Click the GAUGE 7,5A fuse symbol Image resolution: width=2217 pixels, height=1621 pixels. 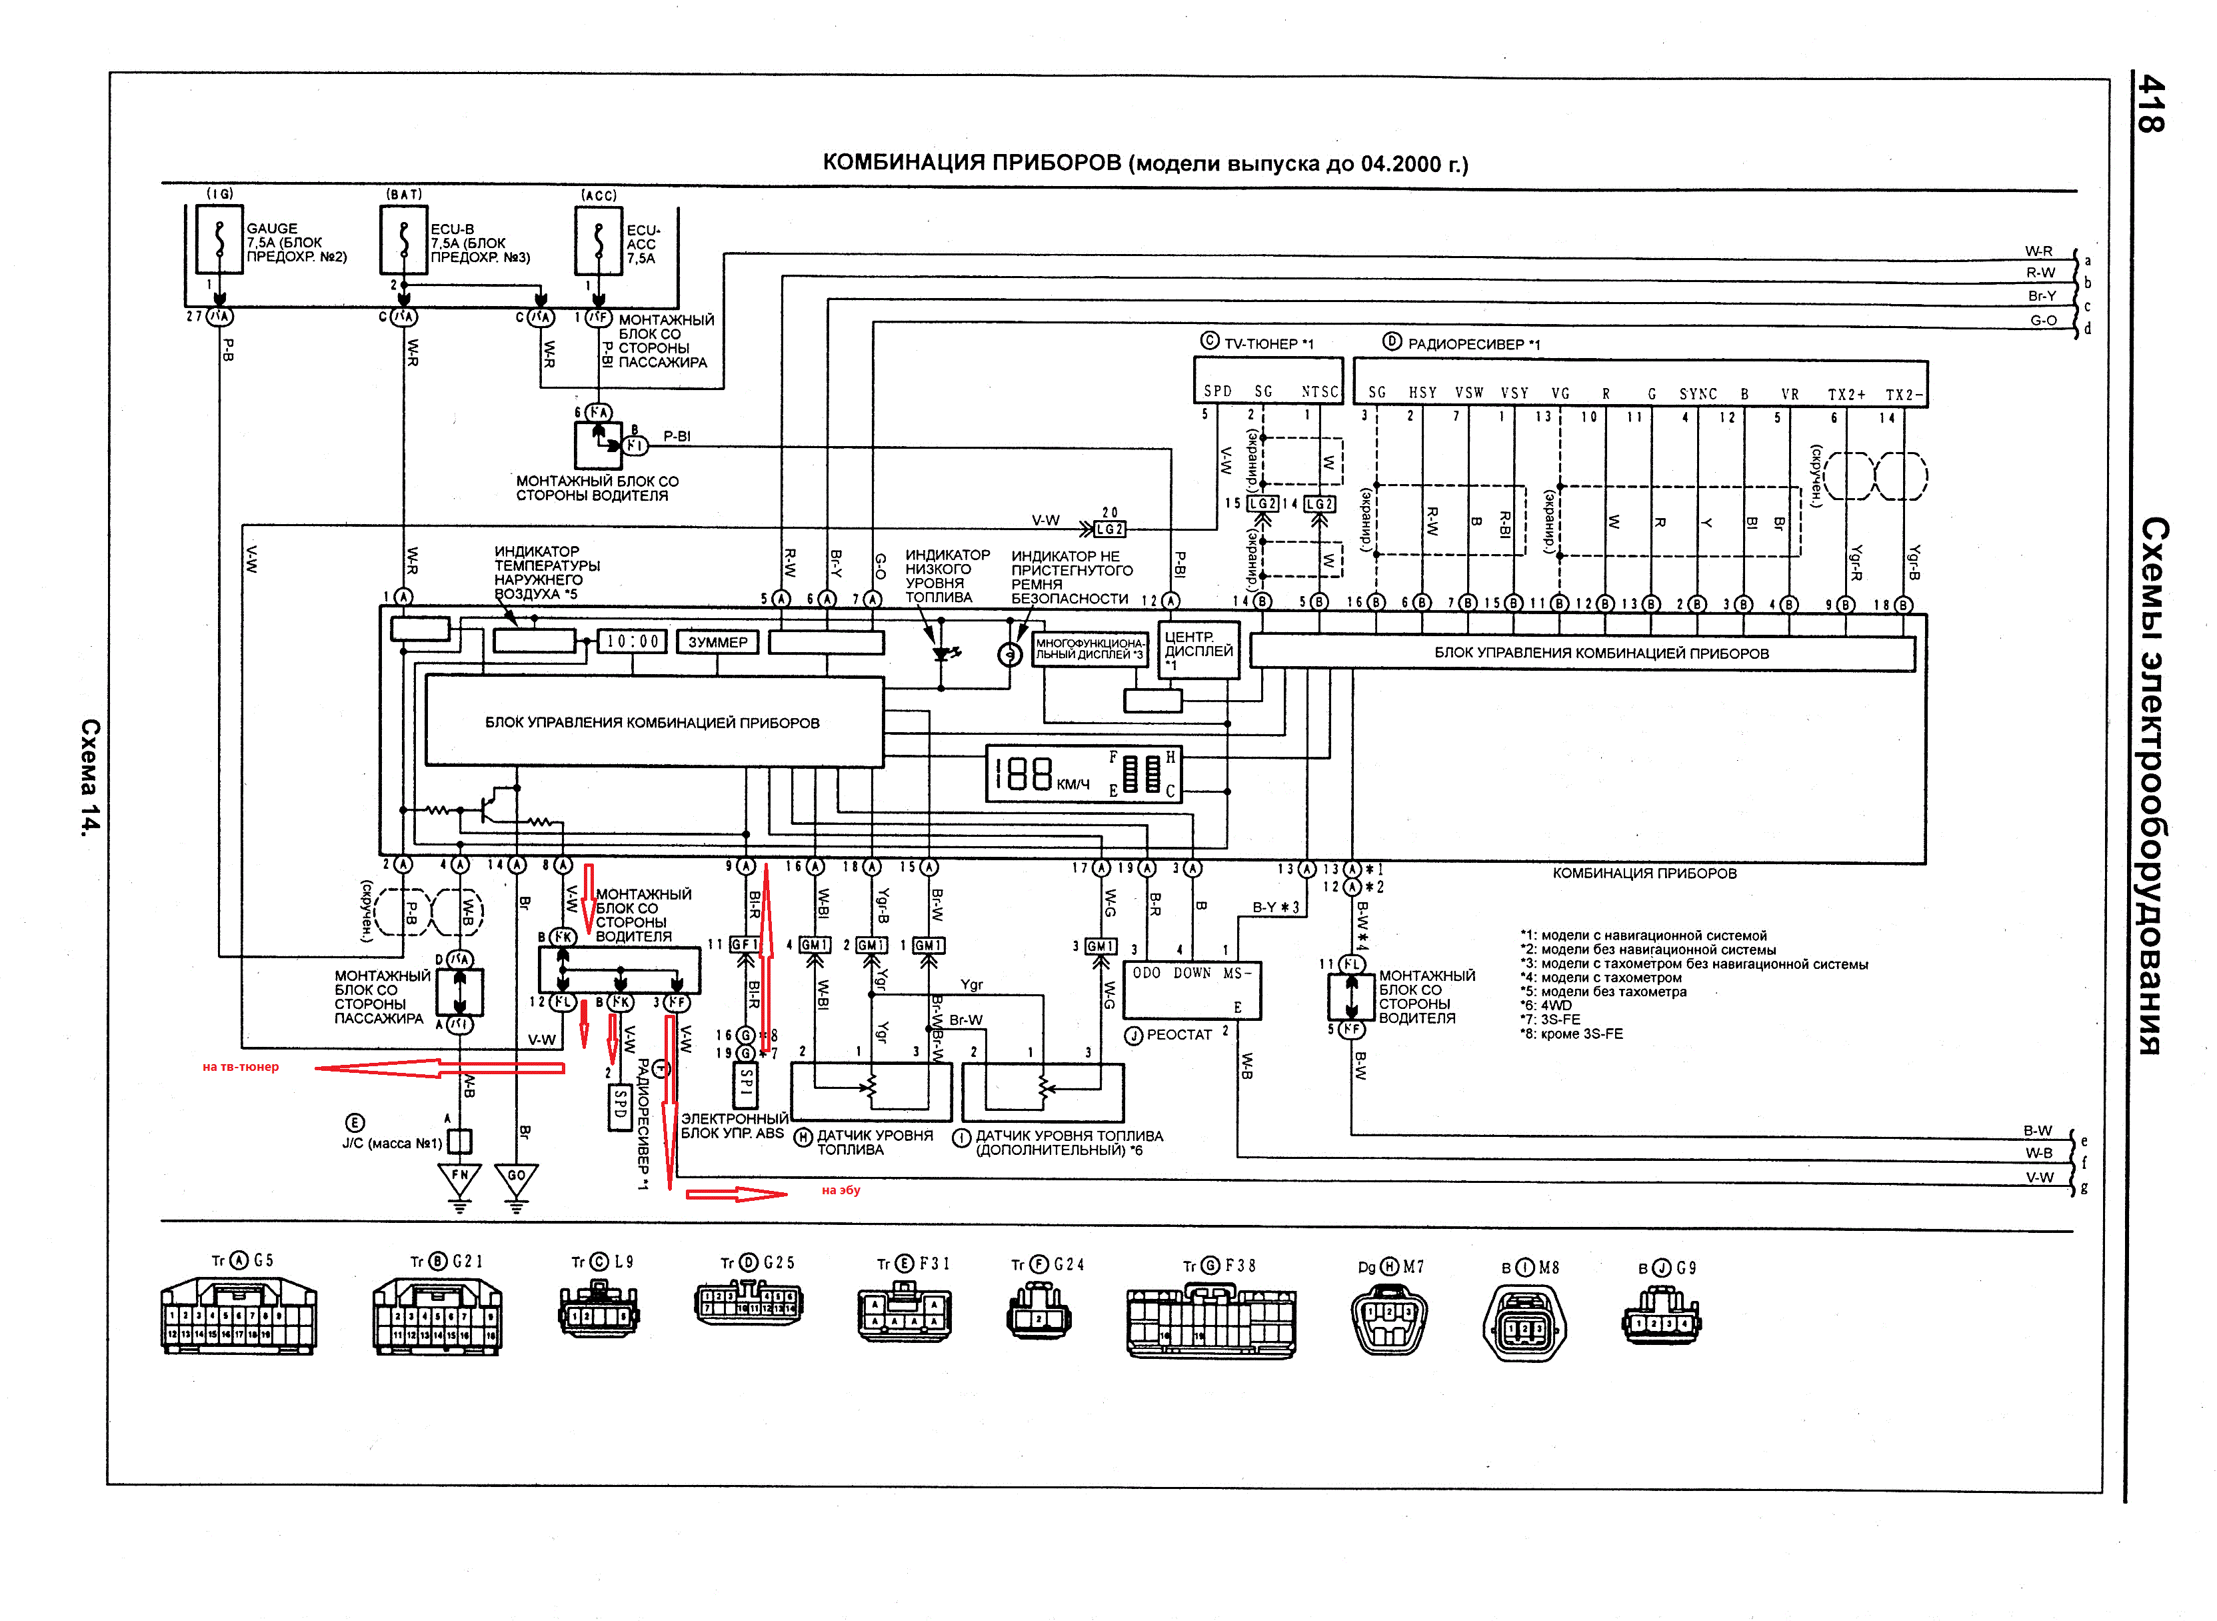[x=219, y=239]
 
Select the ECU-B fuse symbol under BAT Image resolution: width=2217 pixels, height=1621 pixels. [x=403, y=239]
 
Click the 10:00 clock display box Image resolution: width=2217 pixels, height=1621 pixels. [x=633, y=641]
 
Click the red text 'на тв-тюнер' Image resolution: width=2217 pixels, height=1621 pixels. [x=241, y=1068]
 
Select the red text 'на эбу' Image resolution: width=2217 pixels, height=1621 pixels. [x=841, y=1190]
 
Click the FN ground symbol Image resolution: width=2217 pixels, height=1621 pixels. [x=459, y=1178]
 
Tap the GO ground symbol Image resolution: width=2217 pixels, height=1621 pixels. [x=516, y=1178]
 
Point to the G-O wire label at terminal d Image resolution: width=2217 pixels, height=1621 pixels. [x=2044, y=321]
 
